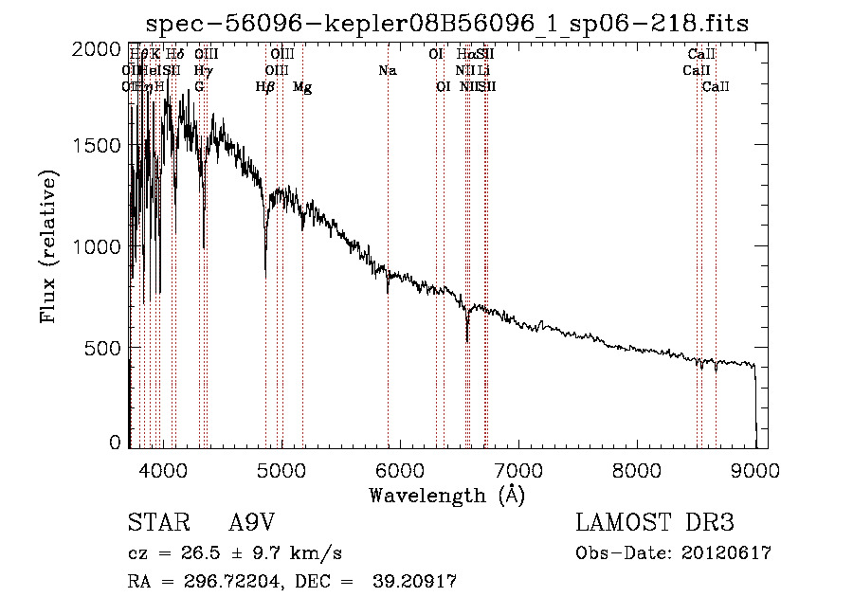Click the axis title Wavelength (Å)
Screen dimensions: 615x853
446,495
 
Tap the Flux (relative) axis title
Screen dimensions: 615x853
48,245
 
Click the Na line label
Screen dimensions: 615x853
387,71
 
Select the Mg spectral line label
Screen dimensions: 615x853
302,87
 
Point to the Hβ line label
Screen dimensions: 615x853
265,87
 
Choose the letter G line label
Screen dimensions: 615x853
199,87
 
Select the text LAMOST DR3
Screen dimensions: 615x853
654,523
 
